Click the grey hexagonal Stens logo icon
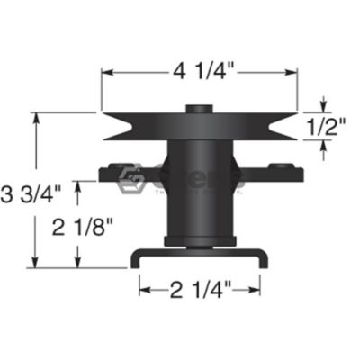click(138, 179)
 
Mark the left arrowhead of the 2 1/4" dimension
click(142, 288)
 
